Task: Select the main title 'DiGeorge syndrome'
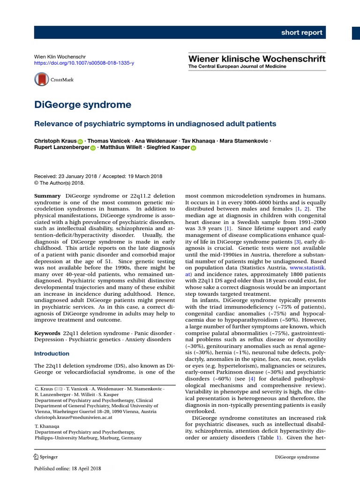point(83,105)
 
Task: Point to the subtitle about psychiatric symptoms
point(156,124)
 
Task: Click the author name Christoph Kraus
point(55,141)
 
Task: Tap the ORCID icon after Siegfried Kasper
point(193,149)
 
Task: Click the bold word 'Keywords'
point(48,332)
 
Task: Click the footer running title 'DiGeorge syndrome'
point(297,457)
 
